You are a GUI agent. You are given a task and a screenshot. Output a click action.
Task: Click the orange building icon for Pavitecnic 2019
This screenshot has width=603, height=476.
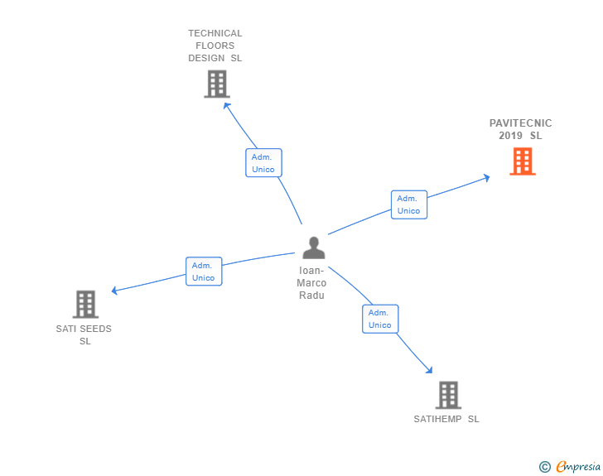click(x=523, y=161)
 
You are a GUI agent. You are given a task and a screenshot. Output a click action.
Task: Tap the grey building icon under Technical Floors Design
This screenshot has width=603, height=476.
click(x=217, y=84)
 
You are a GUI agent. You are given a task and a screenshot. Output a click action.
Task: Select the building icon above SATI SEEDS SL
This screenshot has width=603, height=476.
click(x=85, y=304)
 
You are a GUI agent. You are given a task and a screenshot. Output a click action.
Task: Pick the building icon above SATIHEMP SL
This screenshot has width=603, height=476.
click(x=448, y=395)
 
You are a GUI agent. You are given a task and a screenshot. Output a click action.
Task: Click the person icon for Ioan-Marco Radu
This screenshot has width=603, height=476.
click(x=314, y=248)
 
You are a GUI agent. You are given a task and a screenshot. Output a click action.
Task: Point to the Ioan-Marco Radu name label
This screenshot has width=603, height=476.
click(x=311, y=283)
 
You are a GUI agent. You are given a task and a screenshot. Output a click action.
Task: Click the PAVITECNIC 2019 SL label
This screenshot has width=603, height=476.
click(x=520, y=129)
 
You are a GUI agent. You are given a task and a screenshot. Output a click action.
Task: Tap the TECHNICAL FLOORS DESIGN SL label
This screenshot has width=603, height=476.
click(x=215, y=46)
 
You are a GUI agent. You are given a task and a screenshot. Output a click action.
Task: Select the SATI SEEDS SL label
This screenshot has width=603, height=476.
click(x=84, y=335)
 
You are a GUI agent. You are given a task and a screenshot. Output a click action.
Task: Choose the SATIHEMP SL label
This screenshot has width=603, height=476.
click(x=446, y=419)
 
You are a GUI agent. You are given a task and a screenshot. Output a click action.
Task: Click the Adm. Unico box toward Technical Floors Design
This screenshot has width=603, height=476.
click(x=263, y=163)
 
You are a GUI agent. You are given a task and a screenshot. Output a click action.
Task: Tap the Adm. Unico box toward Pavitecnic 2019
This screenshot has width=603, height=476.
click(x=409, y=204)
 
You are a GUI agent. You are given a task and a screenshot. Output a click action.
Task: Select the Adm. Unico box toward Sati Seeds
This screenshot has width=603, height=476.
click(x=204, y=272)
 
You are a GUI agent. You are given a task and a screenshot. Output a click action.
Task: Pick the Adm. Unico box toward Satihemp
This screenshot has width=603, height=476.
click(x=380, y=319)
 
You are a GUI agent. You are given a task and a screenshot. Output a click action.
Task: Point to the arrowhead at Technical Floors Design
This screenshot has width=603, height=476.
click(x=226, y=105)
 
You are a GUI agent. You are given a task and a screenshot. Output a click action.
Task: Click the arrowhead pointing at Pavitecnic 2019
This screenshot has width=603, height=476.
click(x=487, y=178)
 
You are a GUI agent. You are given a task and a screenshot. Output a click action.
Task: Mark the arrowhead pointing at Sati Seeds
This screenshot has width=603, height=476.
click(x=113, y=291)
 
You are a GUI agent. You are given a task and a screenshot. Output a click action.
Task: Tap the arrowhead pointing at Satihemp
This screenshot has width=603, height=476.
click(x=430, y=370)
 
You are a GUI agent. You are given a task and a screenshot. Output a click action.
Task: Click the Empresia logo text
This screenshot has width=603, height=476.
click(x=578, y=466)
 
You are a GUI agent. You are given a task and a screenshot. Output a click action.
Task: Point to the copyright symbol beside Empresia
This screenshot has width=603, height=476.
click(x=545, y=467)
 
